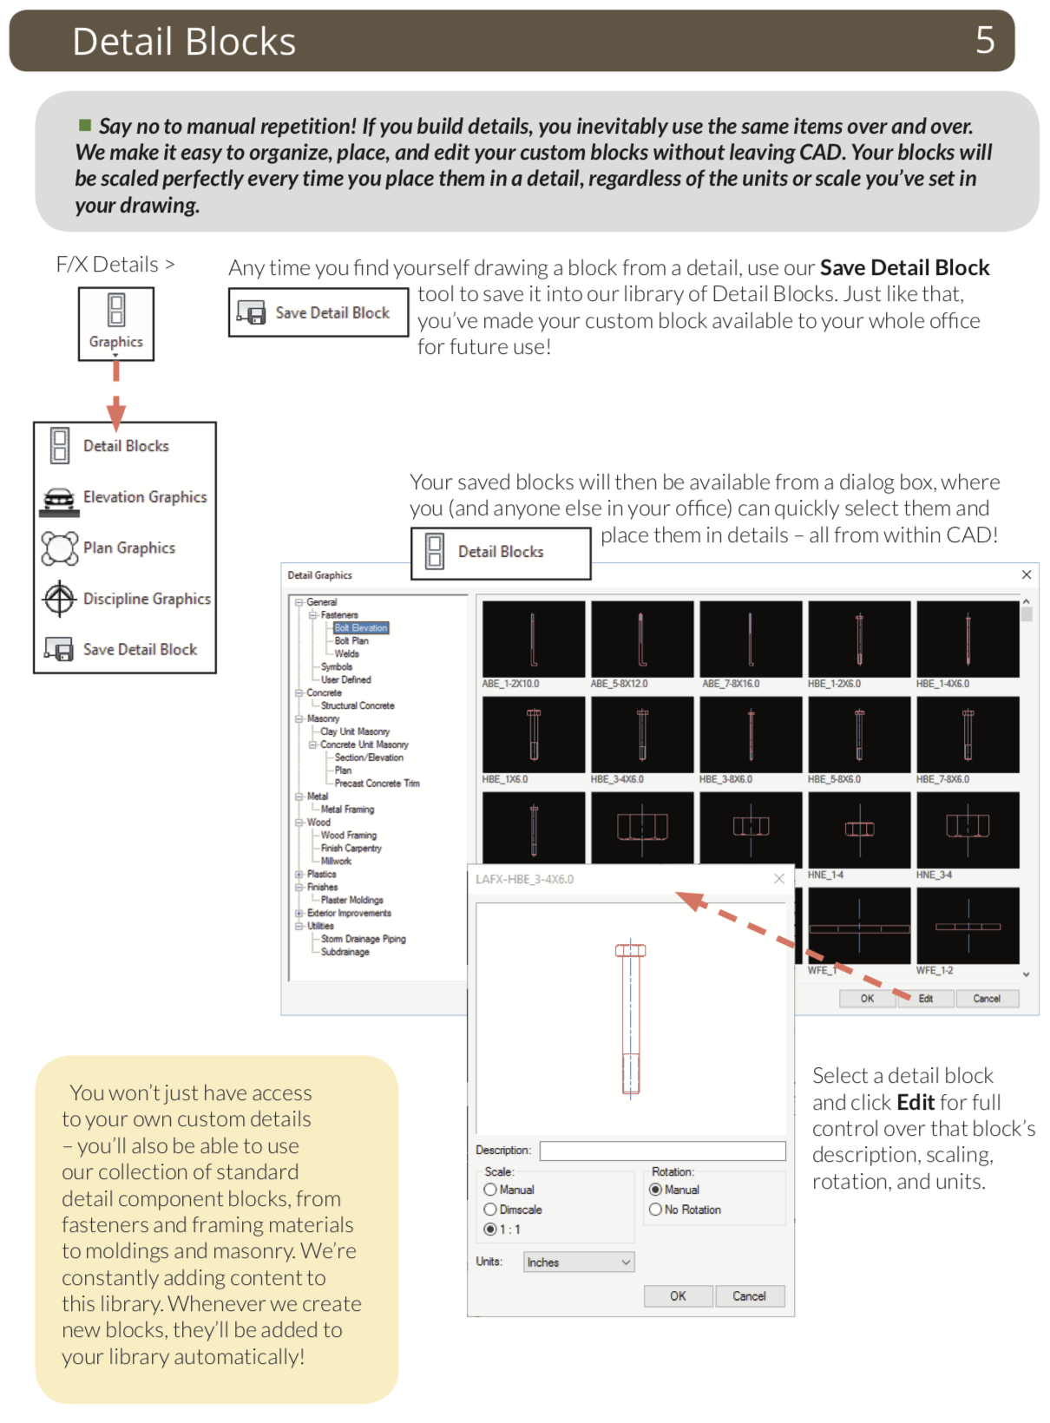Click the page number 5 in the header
pos(984,40)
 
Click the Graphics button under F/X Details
pos(116,323)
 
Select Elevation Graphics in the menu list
pos(125,497)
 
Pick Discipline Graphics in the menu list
pos(127,599)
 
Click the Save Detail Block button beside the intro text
pos(318,313)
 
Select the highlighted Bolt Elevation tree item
pos(361,628)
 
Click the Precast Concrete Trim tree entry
pos(377,784)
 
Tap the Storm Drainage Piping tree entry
pos(363,939)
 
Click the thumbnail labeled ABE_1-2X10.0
pos(533,639)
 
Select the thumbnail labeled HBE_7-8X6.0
pos(968,735)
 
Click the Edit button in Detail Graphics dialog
pos(925,999)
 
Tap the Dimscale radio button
pos(490,1210)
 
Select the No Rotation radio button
pos(655,1210)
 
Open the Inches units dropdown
pos(579,1262)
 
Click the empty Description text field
pos(662,1151)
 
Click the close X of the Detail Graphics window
pos(1027,574)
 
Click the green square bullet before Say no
pos(85,125)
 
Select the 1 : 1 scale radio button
pos(490,1230)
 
